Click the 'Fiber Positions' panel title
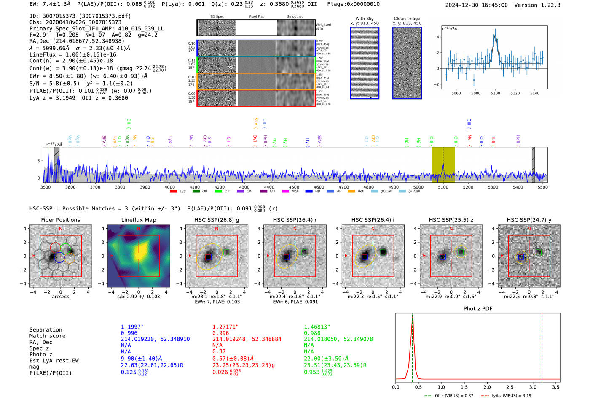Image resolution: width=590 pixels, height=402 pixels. [60, 220]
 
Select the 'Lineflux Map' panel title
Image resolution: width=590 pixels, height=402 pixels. [138, 220]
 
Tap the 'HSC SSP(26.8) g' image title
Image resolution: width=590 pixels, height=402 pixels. [216, 220]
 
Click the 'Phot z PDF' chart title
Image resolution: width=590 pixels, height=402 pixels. [477, 309]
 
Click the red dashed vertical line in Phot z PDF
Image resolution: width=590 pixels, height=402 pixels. [542, 346]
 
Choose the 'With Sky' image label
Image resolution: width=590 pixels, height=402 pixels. [364, 19]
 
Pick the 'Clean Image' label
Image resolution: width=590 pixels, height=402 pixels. [407, 19]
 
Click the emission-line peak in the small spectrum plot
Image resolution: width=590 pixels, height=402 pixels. [496, 35]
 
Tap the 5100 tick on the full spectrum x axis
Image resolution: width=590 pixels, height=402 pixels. [443, 187]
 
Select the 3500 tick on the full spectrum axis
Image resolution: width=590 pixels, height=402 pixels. [45, 187]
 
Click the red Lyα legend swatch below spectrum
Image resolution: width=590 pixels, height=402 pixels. [173, 192]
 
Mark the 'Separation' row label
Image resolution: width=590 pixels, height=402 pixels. [46, 330]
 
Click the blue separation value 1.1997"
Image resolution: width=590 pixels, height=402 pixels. [132, 327]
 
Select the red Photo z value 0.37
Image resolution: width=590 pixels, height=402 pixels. [219, 351]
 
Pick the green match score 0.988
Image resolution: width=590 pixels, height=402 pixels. [312, 333]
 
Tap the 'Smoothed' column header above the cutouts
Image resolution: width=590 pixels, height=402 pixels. [295, 17]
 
